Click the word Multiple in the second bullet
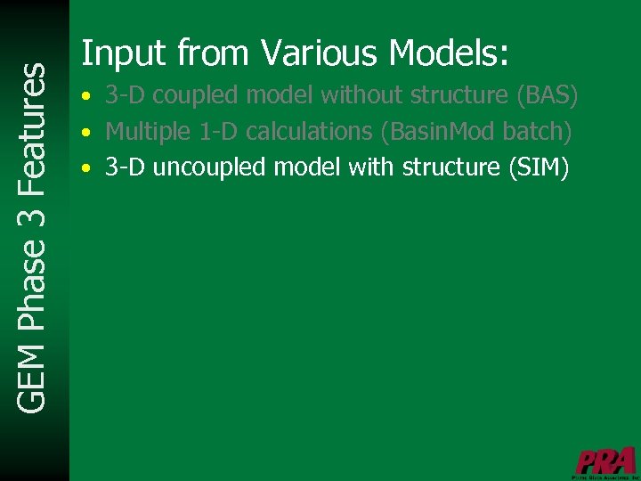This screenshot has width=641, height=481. tap(147, 131)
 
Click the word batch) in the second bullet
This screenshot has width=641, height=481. tap(537, 131)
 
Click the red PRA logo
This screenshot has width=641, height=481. tap(605, 461)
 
